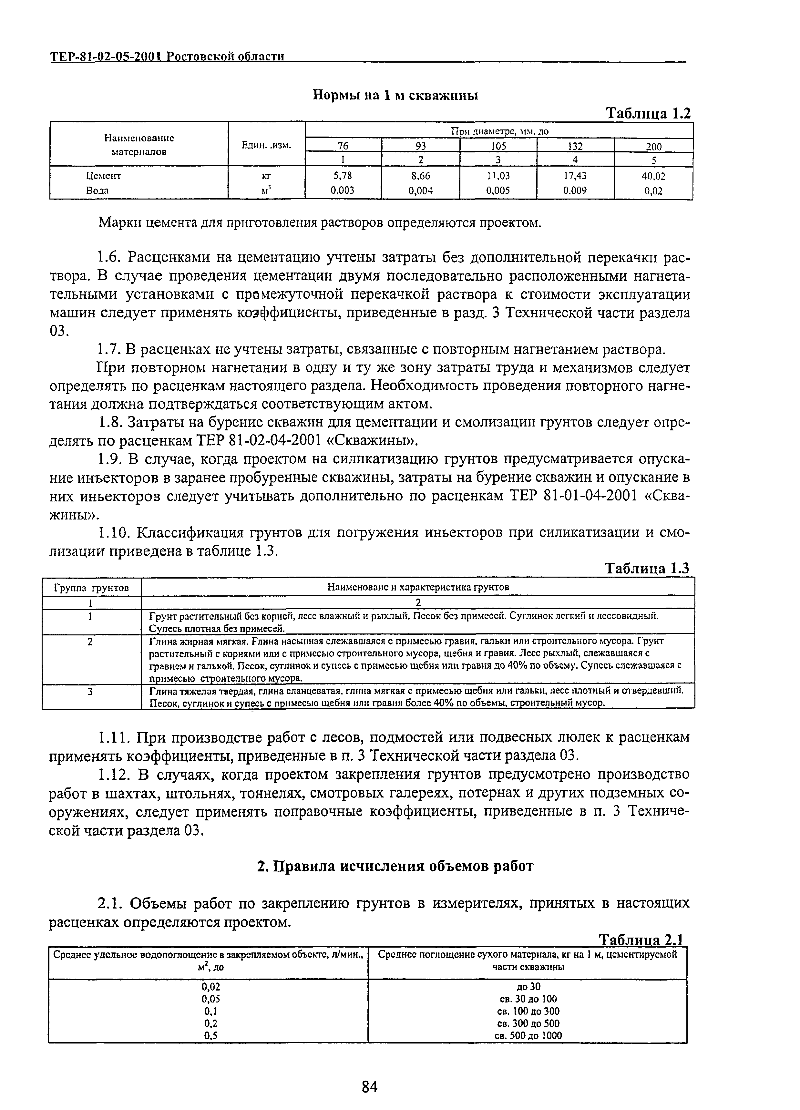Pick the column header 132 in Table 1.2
575,146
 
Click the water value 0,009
575,191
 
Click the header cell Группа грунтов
91,587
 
